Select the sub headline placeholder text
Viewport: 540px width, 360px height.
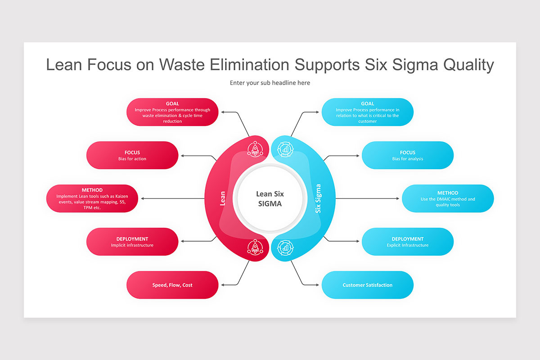click(270, 83)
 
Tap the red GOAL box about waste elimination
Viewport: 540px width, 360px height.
click(172, 112)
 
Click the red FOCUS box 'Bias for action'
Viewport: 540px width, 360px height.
click(132, 155)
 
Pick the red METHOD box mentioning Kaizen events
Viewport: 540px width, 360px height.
click(92, 198)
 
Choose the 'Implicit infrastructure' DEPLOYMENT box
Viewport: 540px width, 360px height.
click(132, 242)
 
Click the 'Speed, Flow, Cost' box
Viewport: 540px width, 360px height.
click(172, 285)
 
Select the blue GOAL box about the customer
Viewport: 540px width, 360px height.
click(367, 112)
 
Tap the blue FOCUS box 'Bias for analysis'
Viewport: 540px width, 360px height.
click(407, 155)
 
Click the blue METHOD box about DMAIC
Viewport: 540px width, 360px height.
click(448, 198)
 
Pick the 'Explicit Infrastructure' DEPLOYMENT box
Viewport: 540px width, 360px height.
click(407, 242)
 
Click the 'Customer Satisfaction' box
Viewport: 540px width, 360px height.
click(367, 285)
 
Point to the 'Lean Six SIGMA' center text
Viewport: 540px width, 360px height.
click(270, 198)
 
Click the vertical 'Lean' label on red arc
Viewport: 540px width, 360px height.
click(222, 198)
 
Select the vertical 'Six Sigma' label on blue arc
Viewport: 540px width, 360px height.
click(318, 198)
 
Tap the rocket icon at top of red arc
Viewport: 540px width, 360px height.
click(255, 149)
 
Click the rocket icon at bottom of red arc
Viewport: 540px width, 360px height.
click(255, 247)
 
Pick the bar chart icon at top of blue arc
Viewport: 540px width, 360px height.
click(285, 149)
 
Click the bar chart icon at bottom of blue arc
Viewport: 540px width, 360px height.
click(285, 247)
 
